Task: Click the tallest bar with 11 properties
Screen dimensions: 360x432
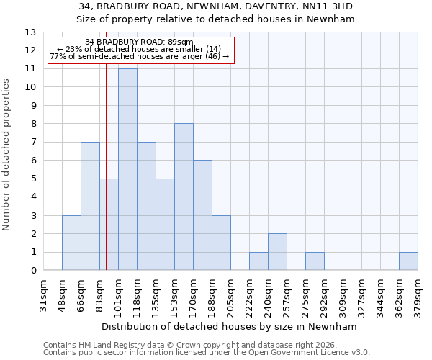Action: pyautogui.click(x=127, y=169)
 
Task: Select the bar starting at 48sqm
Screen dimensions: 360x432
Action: pyautogui.click(x=71, y=243)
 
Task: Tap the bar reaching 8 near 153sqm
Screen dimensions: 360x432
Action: pyautogui.click(x=184, y=197)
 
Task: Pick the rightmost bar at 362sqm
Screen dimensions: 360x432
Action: pyautogui.click(x=408, y=261)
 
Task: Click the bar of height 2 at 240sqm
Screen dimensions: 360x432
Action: pyautogui.click(x=277, y=252)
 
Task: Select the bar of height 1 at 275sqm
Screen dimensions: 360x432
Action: pyautogui.click(x=315, y=261)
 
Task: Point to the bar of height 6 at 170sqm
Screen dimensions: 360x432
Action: pyautogui.click(x=202, y=215)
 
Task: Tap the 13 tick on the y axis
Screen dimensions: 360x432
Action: pyautogui.click(x=30, y=32)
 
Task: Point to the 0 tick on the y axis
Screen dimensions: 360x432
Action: pyautogui.click(x=33, y=271)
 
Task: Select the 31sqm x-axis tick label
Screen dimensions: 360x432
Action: pyautogui.click(x=43, y=294)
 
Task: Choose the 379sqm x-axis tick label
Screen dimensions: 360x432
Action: pyautogui.click(x=418, y=294)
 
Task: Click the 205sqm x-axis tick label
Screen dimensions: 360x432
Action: pyautogui.click(x=230, y=294)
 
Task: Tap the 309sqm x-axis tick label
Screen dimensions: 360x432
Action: pyautogui.click(x=343, y=294)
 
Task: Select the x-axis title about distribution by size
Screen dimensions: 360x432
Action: pyautogui.click(x=230, y=326)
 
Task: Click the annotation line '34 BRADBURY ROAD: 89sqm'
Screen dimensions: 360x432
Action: pyautogui.click(x=140, y=42)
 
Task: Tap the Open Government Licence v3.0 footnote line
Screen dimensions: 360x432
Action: pyautogui.click(x=207, y=353)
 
